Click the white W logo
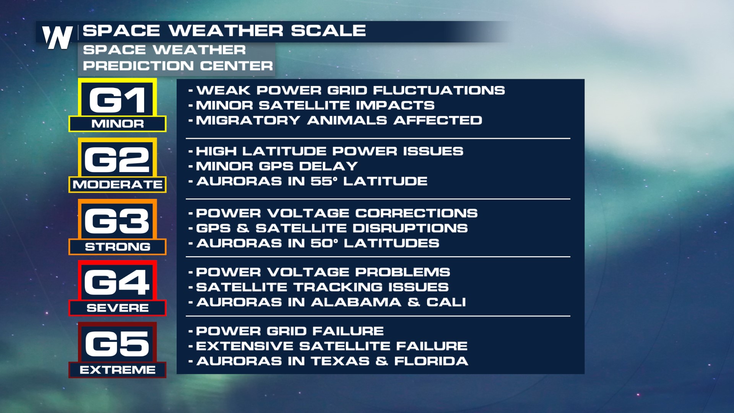(x=57, y=37)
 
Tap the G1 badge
(x=117, y=98)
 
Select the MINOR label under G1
(x=117, y=124)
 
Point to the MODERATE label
(x=117, y=185)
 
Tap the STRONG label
(x=117, y=247)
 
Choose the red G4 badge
(x=117, y=281)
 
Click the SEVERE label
(x=117, y=308)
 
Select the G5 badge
(x=117, y=343)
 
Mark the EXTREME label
(x=117, y=370)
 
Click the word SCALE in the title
(x=328, y=31)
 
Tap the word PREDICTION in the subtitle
(x=138, y=66)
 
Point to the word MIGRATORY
(x=248, y=120)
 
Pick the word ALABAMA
(x=356, y=302)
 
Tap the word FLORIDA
(x=431, y=361)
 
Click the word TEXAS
(x=340, y=361)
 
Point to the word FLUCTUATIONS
(x=439, y=90)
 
